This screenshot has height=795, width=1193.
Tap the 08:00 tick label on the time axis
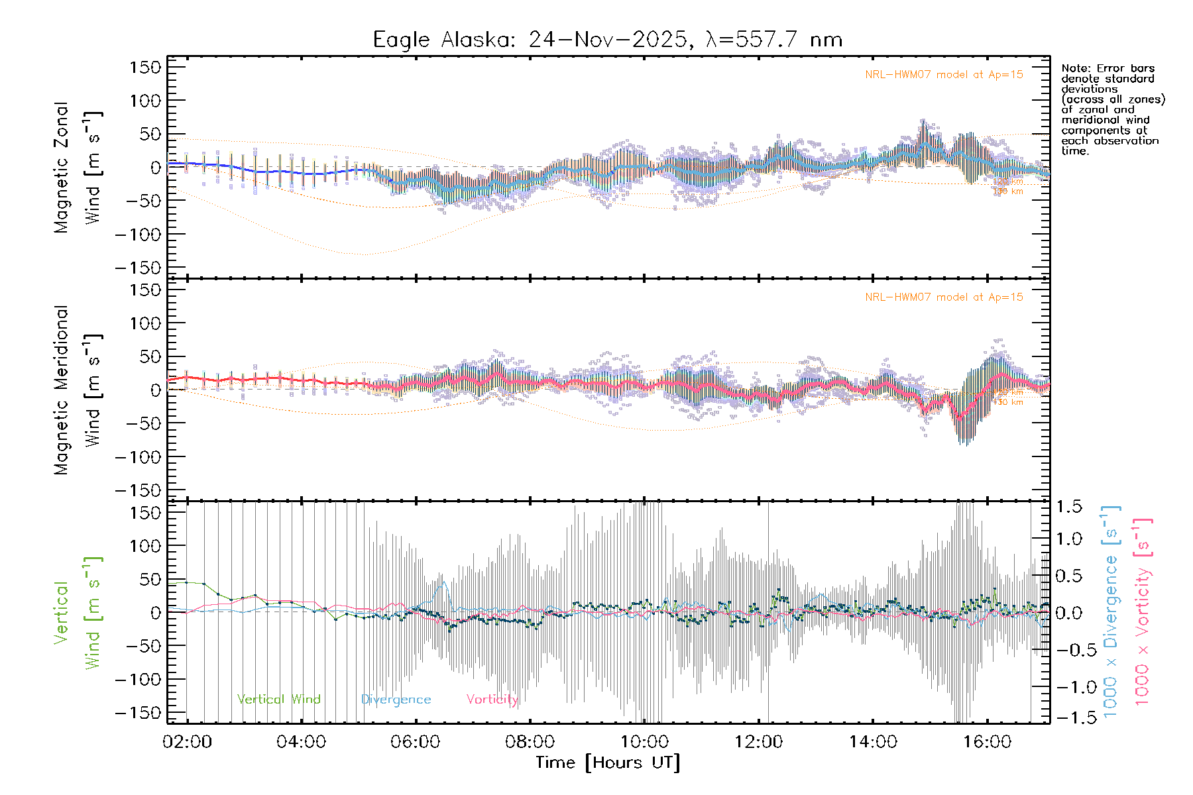click(x=530, y=742)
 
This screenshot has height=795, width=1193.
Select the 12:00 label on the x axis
click(x=758, y=742)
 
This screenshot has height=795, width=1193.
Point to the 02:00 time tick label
click(x=187, y=742)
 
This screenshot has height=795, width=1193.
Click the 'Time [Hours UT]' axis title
click(x=608, y=763)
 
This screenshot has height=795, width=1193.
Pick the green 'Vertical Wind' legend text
click(x=278, y=700)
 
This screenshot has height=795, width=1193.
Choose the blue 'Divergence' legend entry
click(x=396, y=700)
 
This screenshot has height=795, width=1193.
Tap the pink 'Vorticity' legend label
click(x=492, y=700)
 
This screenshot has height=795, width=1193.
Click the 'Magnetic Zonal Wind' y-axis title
click(x=77, y=168)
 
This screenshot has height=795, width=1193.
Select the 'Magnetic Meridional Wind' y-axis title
click(x=77, y=390)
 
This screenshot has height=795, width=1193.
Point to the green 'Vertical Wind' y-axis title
click(x=77, y=613)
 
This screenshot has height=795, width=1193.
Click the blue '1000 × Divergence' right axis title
click(x=1111, y=611)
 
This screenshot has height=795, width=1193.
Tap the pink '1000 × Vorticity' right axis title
click(x=1143, y=611)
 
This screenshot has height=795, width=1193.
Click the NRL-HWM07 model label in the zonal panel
click(x=944, y=75)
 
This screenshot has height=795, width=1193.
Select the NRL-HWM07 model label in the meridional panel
click(x=944, y=297)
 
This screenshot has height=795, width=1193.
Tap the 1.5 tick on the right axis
click(x=1069, y=507)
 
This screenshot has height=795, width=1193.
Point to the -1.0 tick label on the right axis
click(x=1069, y=687)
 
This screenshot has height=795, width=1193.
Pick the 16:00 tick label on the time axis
click(x=987, y=742)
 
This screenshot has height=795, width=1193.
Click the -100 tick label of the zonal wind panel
click(x=138, y=235)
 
